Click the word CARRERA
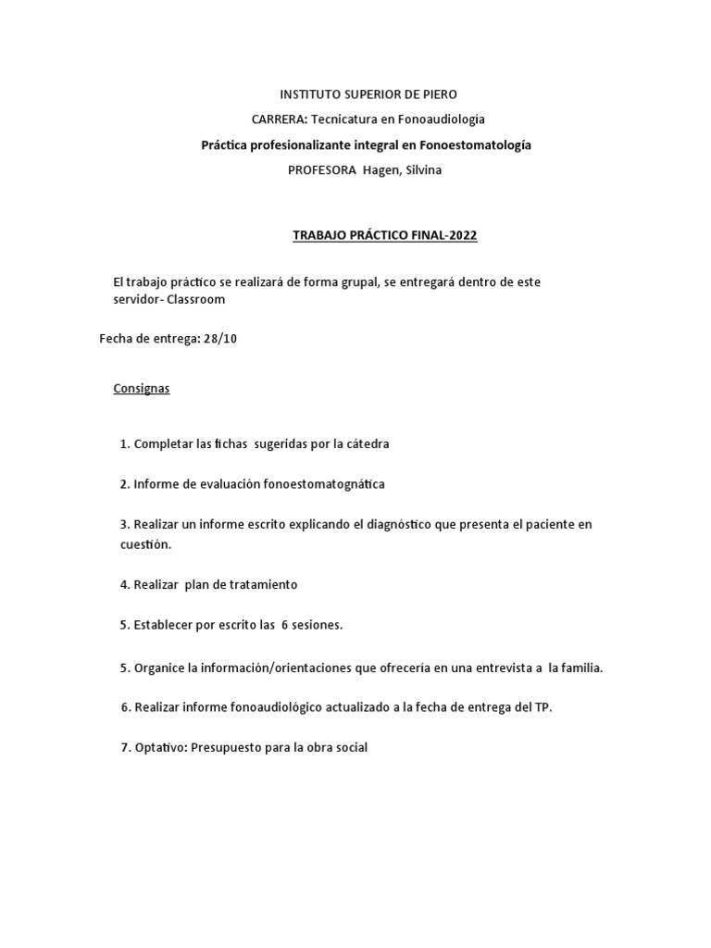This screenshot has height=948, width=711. [280, 119]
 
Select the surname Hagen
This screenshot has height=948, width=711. [380, 170]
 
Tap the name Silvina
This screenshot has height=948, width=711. [423, 170]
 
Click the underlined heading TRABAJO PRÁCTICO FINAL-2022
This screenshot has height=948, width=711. [384, 235]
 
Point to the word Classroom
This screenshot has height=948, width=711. [196, 300]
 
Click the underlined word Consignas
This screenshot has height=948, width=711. [142, 389]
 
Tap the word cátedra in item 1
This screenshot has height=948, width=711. [368, 443]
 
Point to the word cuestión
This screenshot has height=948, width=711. [145, 544]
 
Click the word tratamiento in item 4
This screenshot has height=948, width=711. [264, 585]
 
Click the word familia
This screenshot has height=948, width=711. [581, 667]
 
